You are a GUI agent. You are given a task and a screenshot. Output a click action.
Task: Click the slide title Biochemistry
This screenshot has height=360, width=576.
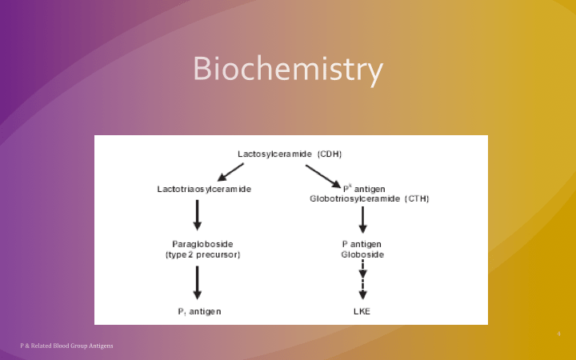coord(288,70)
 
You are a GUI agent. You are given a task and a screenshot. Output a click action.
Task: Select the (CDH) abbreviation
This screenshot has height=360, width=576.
coord(330,153)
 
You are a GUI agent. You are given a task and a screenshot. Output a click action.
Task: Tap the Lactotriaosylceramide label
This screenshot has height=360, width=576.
coord(204,189)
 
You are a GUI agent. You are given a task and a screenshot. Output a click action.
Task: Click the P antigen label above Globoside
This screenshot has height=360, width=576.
coord(362,243)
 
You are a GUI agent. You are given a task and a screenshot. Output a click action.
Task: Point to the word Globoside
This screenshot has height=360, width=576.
coord(362,254)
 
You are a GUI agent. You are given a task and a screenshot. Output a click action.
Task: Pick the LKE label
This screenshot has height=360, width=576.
coord(362,310)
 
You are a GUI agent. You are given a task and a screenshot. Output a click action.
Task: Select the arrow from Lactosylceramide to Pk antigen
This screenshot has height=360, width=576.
coord(322,175)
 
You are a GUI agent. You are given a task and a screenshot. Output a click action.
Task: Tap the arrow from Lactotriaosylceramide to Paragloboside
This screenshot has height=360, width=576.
coord(198,214)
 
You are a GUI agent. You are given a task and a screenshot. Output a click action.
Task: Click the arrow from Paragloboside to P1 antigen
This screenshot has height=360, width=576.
coord(198,282)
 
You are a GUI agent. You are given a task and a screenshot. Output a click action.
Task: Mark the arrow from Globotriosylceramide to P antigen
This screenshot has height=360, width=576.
coord(362,220)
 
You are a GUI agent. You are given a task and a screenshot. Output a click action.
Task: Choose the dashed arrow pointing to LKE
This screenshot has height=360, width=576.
coord(362,280)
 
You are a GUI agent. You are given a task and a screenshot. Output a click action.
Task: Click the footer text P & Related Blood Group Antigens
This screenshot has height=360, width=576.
coord(66,346)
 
